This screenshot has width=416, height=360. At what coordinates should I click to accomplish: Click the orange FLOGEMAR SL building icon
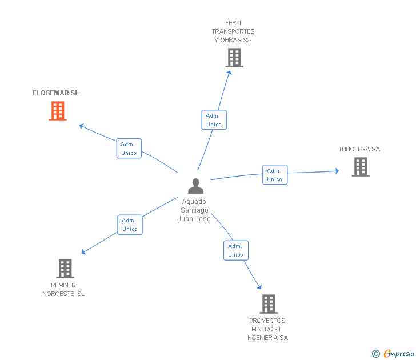58,111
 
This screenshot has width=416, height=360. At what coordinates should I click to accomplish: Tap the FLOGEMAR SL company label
55,93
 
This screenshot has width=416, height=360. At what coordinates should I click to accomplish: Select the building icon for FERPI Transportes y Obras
234,58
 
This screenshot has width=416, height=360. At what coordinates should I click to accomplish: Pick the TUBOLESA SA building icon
360,167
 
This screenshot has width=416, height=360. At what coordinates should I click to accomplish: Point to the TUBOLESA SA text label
359,150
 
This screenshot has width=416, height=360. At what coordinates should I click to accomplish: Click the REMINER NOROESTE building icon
65,268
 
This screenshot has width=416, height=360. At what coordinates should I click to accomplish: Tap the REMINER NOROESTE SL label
63,290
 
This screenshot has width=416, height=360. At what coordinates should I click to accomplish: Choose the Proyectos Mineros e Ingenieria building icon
269,304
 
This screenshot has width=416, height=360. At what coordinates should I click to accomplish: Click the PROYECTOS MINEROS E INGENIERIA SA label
267,329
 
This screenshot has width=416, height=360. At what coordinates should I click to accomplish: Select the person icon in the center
195,186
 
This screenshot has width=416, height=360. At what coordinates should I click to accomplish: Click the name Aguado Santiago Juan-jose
194,210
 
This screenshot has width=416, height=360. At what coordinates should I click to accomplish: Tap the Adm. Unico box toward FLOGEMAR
129,149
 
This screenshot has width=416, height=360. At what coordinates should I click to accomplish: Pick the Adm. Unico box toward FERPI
214,120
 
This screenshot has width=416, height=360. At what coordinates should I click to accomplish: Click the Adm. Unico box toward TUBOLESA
275,175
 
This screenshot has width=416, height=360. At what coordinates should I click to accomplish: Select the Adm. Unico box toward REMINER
130,225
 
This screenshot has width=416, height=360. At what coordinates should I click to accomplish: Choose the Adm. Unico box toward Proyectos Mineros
235,250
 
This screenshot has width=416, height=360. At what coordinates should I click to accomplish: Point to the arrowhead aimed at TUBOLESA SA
337,171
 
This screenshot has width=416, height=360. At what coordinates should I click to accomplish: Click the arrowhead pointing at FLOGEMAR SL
82,126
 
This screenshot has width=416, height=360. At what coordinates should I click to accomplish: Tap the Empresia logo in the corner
398,354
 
